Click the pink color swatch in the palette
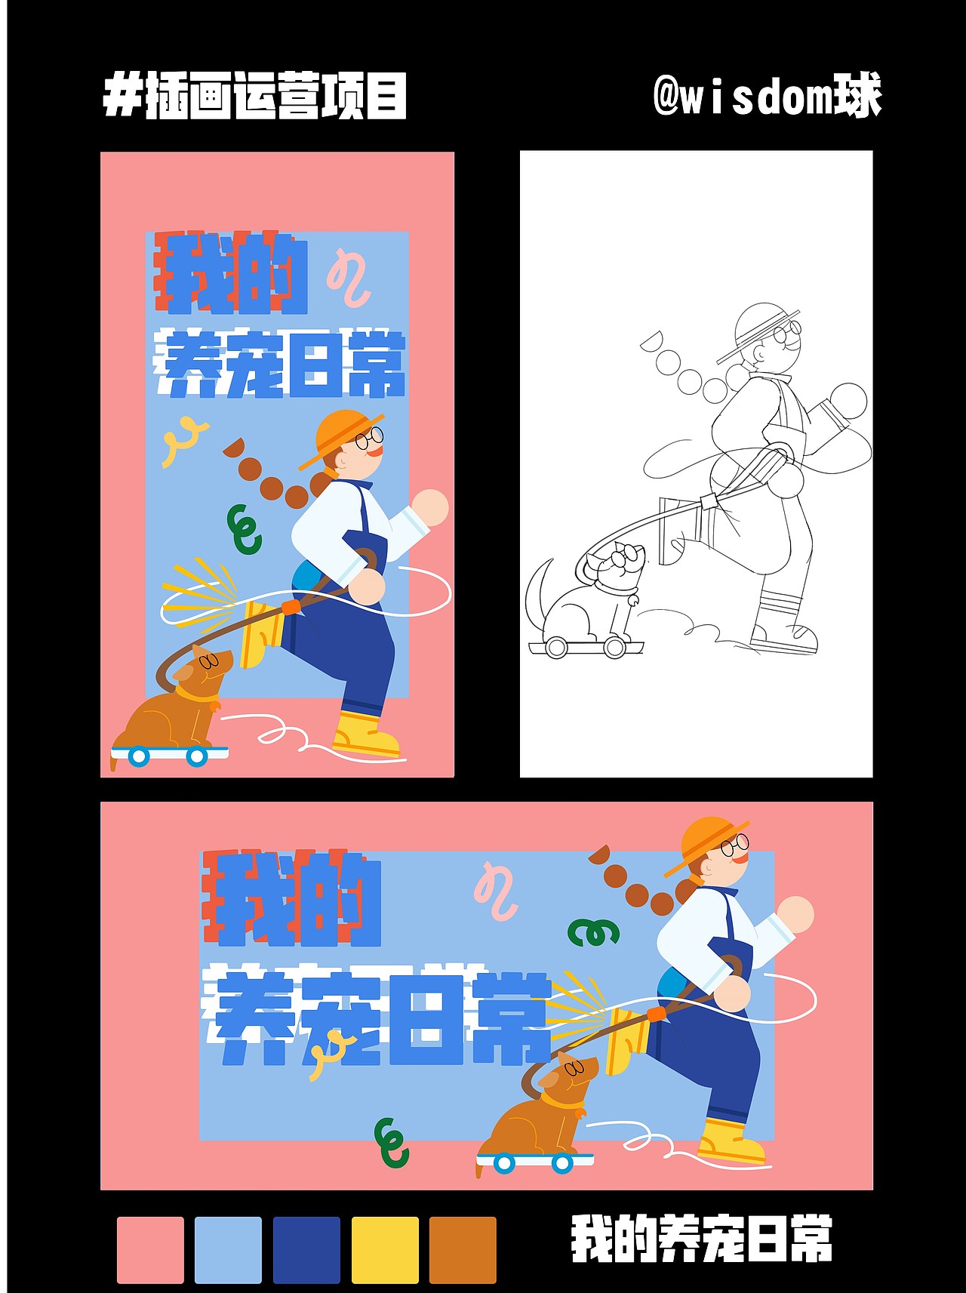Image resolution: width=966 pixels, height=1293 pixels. coord(150,1249)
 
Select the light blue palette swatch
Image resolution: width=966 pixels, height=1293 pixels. coord(228,1249)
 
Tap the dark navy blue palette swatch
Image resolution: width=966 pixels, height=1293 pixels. coord(306,1249)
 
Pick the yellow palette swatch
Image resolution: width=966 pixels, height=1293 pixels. coord(385,1249)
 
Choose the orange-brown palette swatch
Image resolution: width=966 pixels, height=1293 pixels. coord(463,1249)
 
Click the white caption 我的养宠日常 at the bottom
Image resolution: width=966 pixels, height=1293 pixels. coord(701,1239)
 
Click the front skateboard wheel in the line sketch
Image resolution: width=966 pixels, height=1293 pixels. coord(615,647)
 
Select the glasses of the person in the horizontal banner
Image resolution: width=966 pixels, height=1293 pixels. coord(735,845)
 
